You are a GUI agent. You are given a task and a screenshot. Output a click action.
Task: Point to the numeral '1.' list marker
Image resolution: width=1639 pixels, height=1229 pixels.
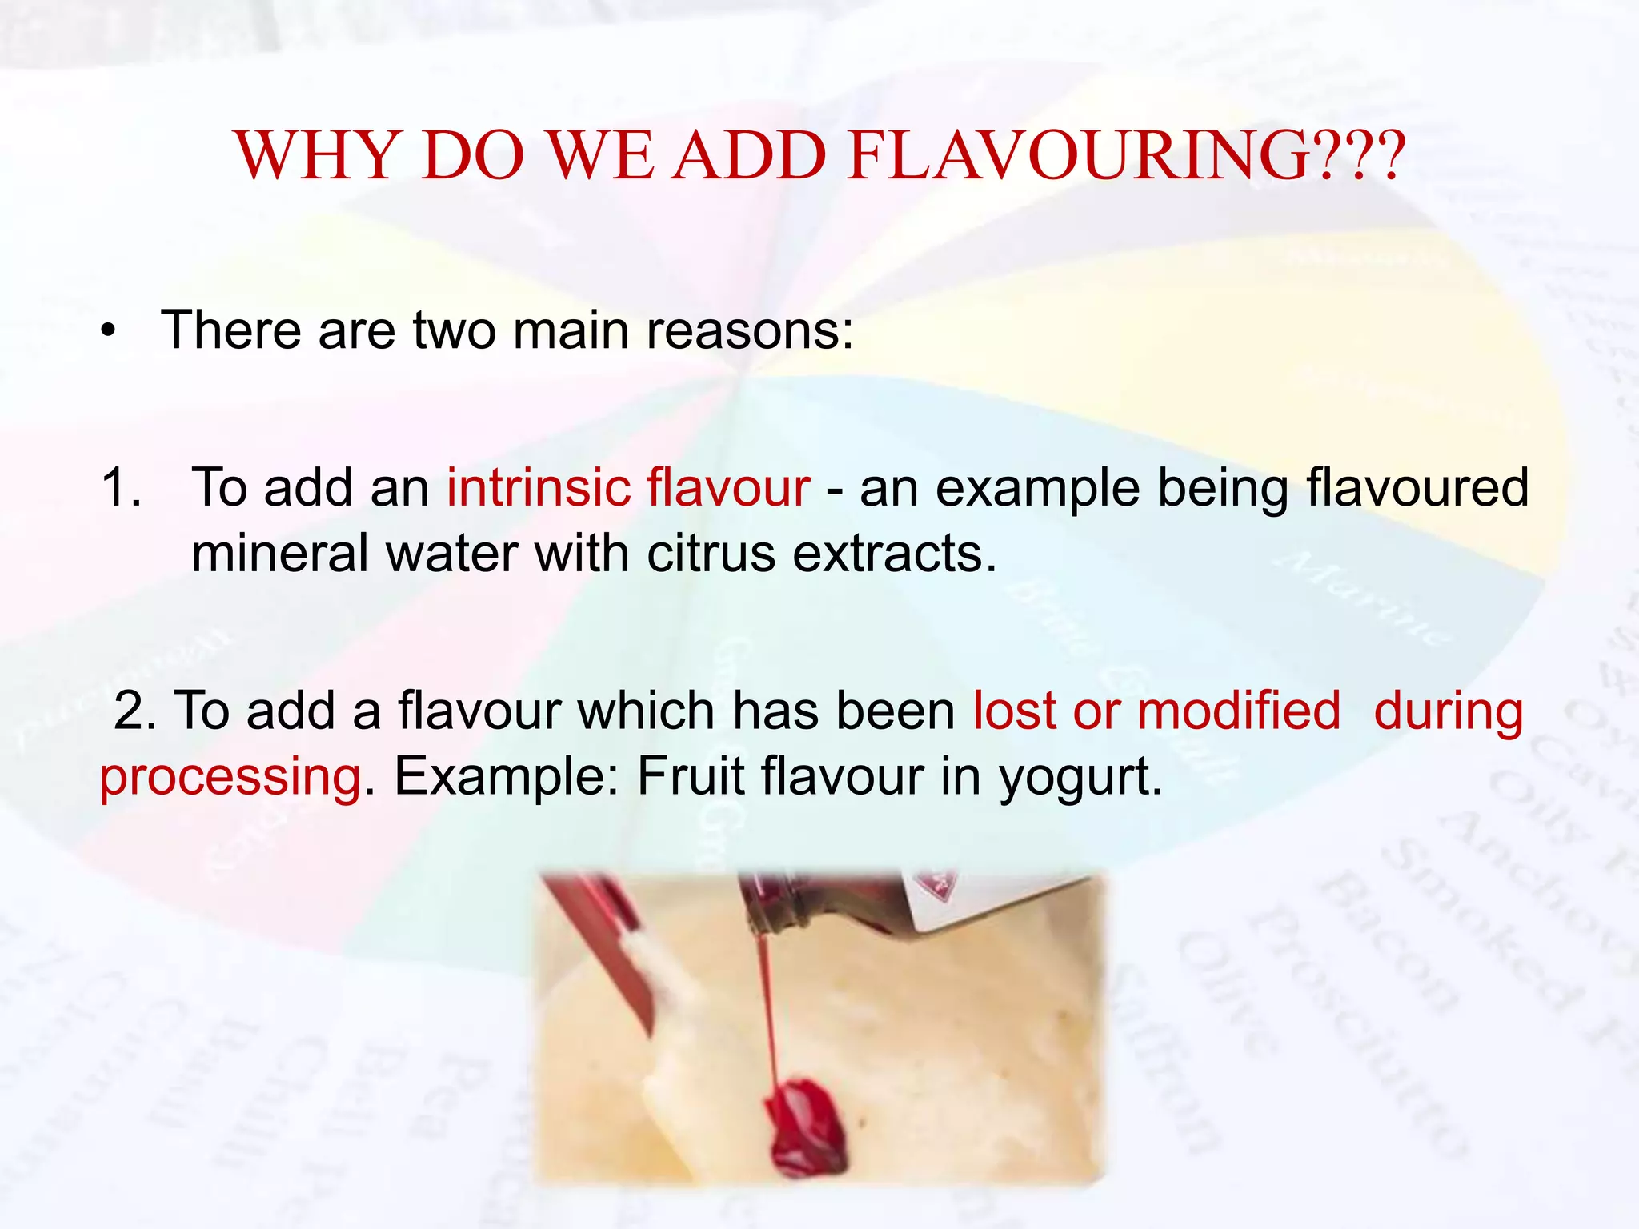point(122,487)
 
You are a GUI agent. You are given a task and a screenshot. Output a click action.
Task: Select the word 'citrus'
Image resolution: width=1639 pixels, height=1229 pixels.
point(711,554)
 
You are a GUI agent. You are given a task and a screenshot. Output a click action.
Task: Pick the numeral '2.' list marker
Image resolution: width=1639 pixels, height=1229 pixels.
point(134,711)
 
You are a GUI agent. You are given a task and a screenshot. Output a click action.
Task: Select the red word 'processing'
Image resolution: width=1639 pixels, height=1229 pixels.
point(230,778)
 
